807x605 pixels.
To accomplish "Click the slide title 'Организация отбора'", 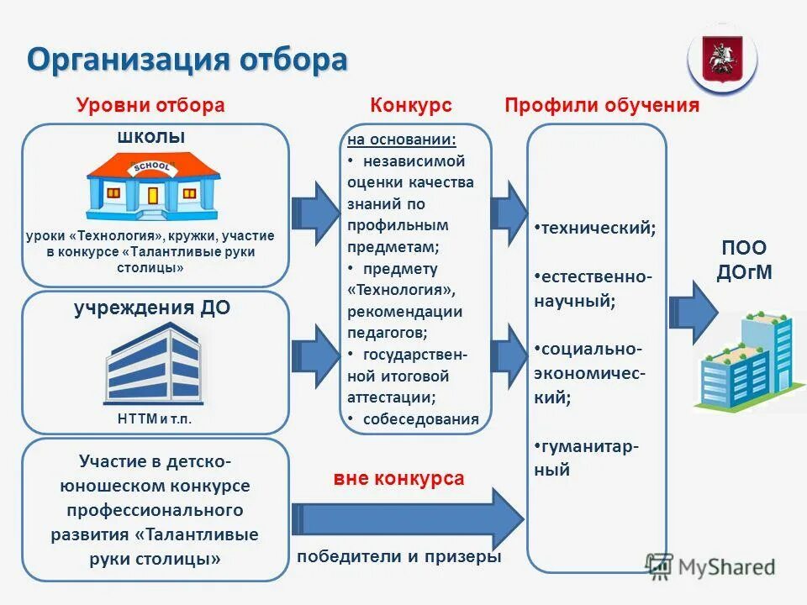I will pyautogui.click(x=187, y=60).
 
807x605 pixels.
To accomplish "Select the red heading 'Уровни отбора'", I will pyautogui.click(x=150, y=105).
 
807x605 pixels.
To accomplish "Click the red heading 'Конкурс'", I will pyautogui.click(x=411, y=105).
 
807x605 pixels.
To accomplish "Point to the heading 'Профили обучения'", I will pyautogui.click(x=602, y=105).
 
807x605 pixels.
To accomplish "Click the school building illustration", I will pyautogui.click(x=153, y=186).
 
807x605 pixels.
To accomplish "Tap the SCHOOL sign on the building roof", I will pyautogui.click(x=152, y=167).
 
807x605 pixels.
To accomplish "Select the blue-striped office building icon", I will pyautogui.click(x=153, y=363).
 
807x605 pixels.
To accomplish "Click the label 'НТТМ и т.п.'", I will pyautogui.click(x=154, y=418).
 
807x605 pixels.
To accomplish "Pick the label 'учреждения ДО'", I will pyautogui.click(x=152, y=308).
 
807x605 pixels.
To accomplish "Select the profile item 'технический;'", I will pyautogui.click(x=599, y=228).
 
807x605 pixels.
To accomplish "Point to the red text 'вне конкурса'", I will pyautogui.click(x=398, y=479).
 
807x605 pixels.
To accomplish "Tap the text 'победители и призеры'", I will pyautogui.click(x=398, y=556).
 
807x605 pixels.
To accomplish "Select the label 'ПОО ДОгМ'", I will pyautogui.click(x=743, y=260).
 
